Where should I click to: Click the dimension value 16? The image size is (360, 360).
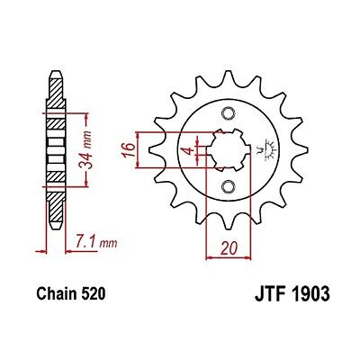pos(129,150)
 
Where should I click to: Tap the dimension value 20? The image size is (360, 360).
pos(229,248)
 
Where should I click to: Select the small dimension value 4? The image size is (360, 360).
pos(189,150)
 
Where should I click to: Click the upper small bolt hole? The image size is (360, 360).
pos(228,112)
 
